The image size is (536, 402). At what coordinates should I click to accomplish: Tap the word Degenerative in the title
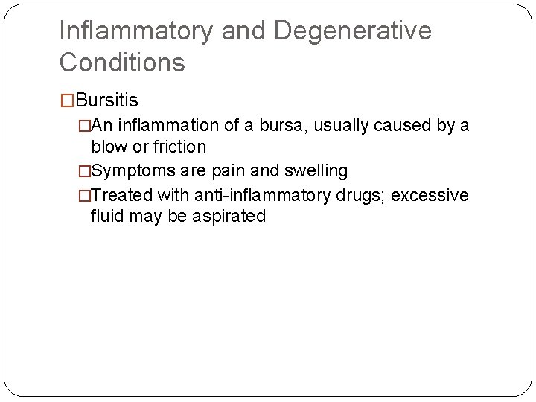pos(352,31)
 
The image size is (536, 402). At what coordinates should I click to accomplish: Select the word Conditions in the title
pos(122,63)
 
